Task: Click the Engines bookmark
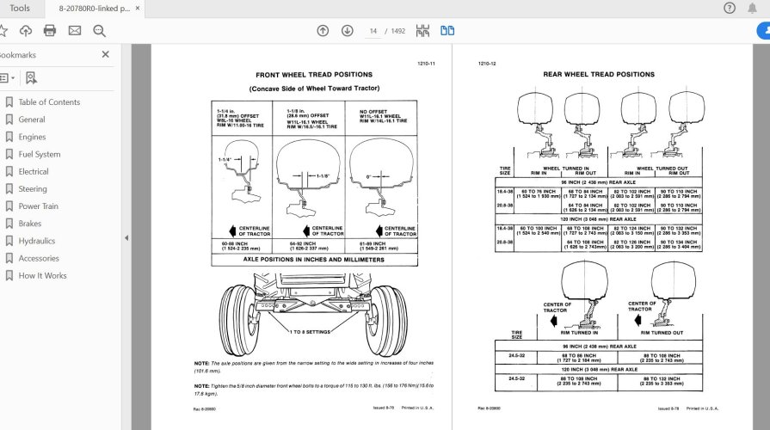32,137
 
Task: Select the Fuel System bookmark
39,154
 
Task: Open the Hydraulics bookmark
36,241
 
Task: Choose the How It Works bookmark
42,275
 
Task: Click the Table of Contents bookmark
49,102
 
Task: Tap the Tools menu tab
19,9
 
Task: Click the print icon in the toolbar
50,31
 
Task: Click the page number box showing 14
373,31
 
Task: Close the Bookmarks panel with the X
106,54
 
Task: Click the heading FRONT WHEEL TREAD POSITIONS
314,75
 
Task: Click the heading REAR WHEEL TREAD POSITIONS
598,75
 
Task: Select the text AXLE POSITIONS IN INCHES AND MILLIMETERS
314,258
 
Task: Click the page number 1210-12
487,64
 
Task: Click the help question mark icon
729,9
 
